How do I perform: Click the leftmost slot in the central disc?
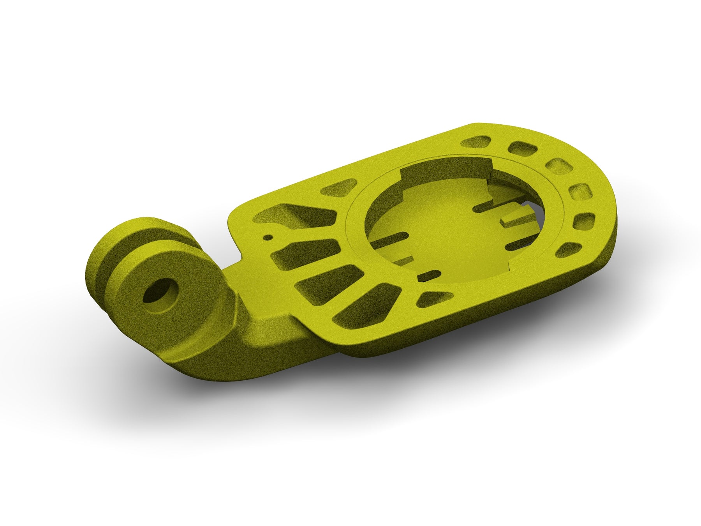coord(389,240)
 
